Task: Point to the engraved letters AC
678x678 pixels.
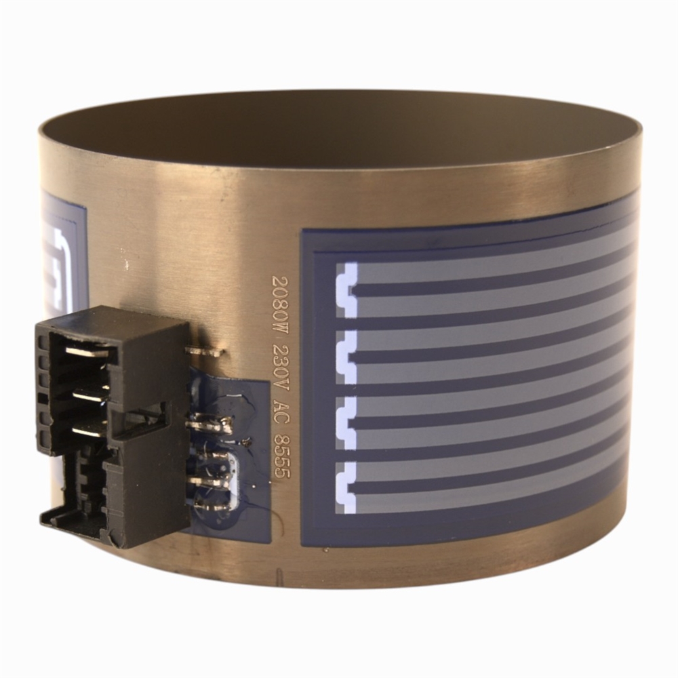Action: click(x=279, y=407)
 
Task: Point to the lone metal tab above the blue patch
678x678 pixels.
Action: click(x=204, y=351)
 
